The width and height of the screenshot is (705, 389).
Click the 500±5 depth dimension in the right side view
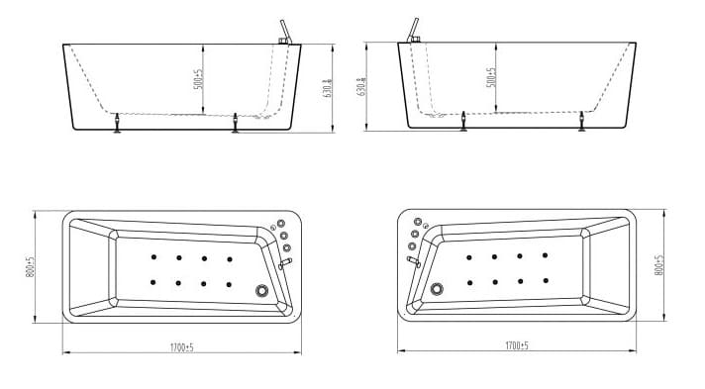pyautogui.click(x=492, y=78)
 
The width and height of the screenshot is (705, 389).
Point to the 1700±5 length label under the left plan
pyautogui.click(x=181, y=346)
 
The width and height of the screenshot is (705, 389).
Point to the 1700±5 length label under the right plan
pyautogui.click(x=516, y=345)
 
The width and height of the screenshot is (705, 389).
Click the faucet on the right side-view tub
pyautogui.click(x=412, y=32)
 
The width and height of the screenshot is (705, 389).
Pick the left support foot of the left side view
pyautogui.click(x=119, y=122)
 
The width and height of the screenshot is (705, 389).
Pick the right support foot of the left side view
pyautogui.click(x=235, y=123)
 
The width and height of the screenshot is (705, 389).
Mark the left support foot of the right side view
pyautogui.click(x=463, y=122)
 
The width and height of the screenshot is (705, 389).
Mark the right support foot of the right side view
pyautogui.click(x=581, y=122)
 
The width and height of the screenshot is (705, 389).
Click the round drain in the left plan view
pyautogui.click(x=262, y=291)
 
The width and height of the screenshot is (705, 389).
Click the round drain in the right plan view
pyautogui.click(x=436, y=290)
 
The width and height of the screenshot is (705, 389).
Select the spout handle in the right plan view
pyautogui.click(x=413, y=261)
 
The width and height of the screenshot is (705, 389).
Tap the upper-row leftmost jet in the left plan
pyautogui.click(x=153, y=259)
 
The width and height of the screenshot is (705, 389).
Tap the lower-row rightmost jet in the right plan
pyautogui.click(x=545, y=280)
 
